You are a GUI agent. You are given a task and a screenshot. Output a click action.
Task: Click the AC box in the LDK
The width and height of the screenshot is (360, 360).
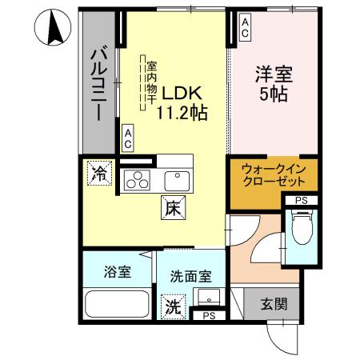pos(127,138)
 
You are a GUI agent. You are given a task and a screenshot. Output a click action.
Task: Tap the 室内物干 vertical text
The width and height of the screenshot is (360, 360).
pos(150,80)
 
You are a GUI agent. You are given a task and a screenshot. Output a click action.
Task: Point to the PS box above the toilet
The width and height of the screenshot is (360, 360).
pos(301,200)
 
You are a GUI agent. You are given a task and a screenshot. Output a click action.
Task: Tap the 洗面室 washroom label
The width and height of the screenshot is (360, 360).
pos(190,276)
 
